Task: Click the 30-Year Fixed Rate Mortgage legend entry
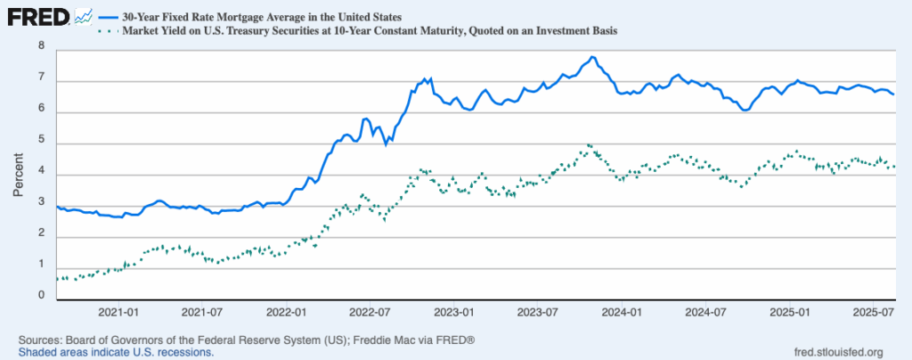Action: pos(249,17)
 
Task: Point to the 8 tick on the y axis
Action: pos(41,45)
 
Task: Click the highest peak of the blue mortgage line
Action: pos(592,58)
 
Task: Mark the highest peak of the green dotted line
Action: pos(589,145)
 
